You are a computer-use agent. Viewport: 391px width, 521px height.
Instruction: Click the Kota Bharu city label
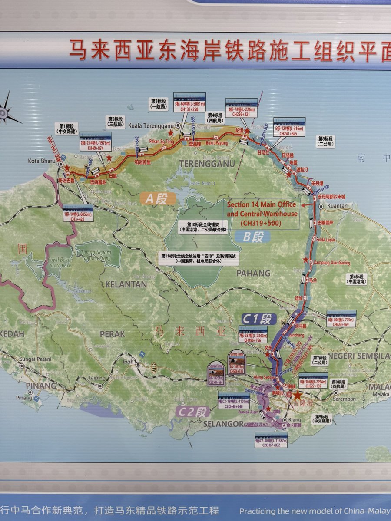tap(40, 161)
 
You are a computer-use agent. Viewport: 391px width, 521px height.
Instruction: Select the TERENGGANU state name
tap(207, 164)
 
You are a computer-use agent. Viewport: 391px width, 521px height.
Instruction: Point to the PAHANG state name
tap(253, 273)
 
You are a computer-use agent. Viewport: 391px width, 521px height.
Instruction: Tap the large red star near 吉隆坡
tap(297, 396)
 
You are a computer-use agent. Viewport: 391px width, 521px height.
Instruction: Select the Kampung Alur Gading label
tap(332, 263)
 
